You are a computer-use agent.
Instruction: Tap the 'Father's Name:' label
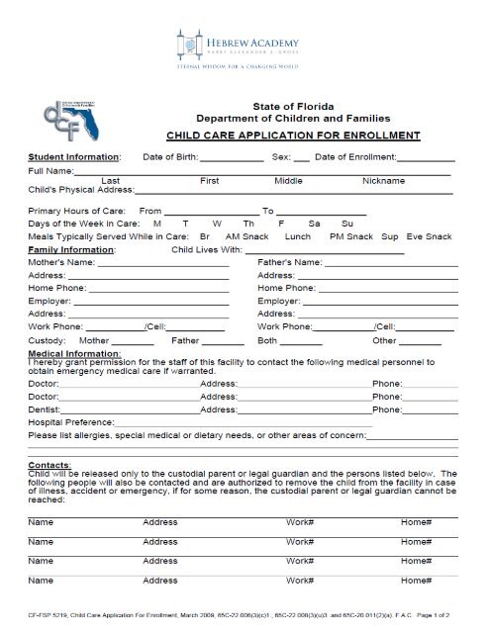tap(289, 262)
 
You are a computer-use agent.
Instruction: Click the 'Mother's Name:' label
tap(61, 262)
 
